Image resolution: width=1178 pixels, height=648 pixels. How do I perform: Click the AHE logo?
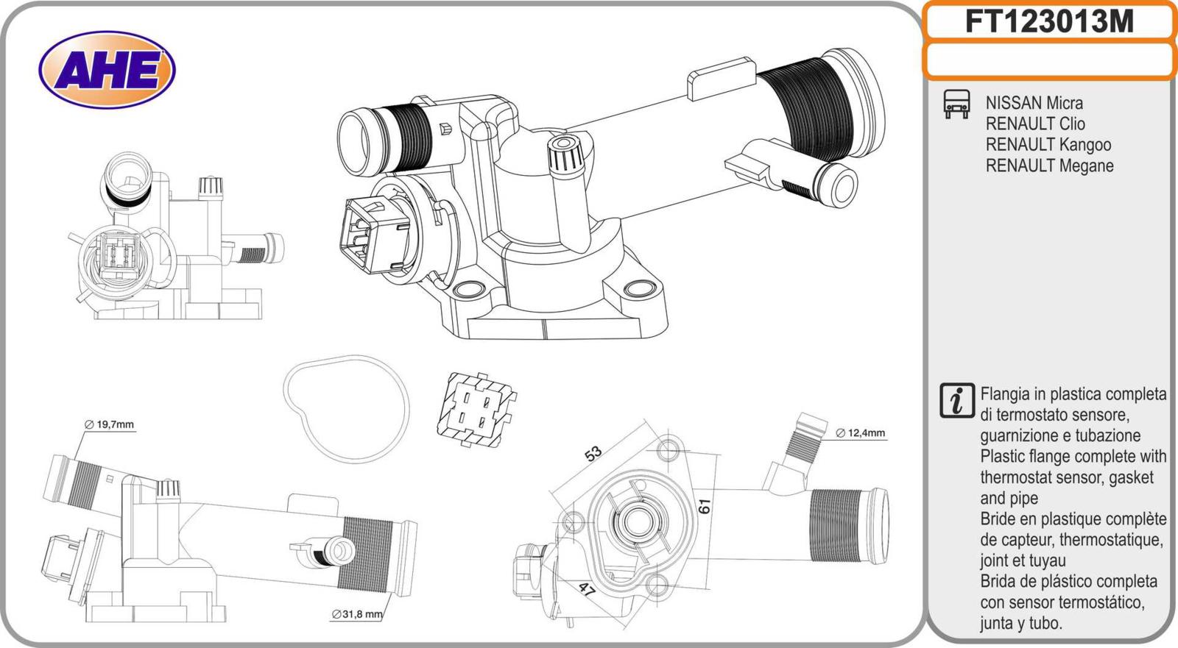(107, 70)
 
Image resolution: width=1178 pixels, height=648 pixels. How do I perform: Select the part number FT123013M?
(1048, 22)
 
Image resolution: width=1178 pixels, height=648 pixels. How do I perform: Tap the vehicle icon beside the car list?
(956, 104)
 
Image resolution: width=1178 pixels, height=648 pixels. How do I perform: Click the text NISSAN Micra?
(1034, 103)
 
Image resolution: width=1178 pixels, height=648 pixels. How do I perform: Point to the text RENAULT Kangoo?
(1048, 145)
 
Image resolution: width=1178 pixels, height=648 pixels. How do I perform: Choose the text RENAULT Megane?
(1049, 165)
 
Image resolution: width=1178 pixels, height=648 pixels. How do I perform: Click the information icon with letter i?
(956, 401)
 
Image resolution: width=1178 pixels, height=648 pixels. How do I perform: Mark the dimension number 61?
(705, 506)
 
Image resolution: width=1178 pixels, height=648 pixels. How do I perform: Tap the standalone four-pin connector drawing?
(472, 410)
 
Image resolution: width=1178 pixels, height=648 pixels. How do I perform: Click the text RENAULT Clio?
(1034, 124)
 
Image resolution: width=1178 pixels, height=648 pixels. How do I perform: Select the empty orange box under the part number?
(1048, 60)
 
